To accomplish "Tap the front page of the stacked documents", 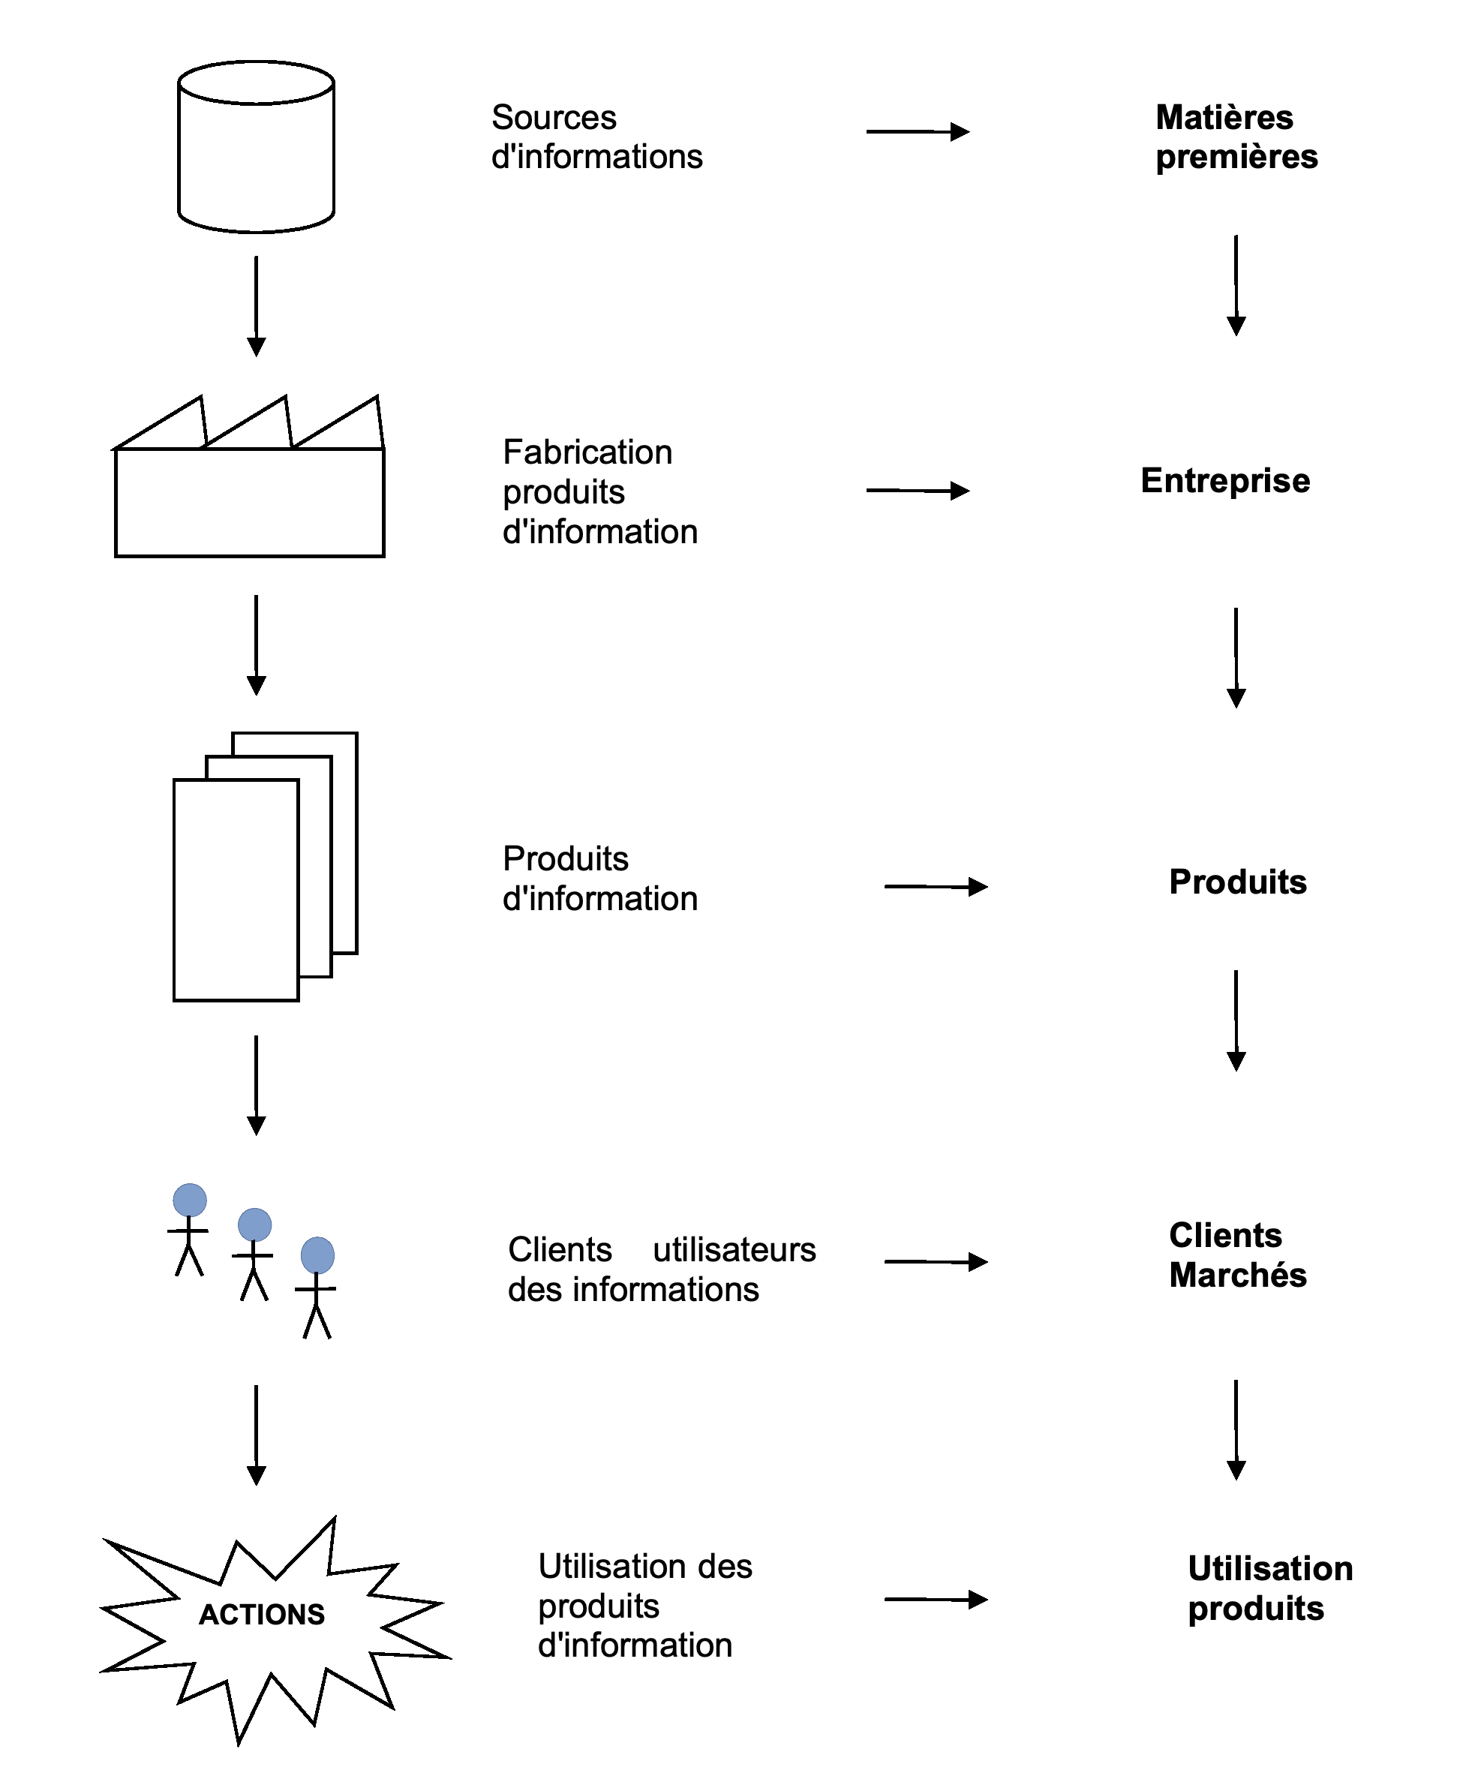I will click(236, 890).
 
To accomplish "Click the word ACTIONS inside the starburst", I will click(263, 1613).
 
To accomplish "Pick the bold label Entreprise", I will click(1225, 480).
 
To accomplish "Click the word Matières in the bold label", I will click(1224, 118).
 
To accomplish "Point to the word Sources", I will click(554, 118).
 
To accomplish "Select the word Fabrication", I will click(587, 452).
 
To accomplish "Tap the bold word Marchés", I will click(1238, 1275).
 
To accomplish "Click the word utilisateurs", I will click(734, 1250).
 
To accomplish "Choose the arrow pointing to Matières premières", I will click(918, 132).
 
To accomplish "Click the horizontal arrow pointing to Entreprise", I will click(918, 491).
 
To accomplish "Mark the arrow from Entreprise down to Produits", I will click(1236, 657).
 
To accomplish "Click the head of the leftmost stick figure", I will click(190, 1200).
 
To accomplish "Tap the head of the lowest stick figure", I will click(317, 1255).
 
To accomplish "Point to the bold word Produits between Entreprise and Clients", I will click(1238, 882).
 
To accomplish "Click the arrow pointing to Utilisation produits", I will click(936, 1599).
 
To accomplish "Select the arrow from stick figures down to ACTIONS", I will click(257, 1435).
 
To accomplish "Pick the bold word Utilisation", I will click(1270, 1568).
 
